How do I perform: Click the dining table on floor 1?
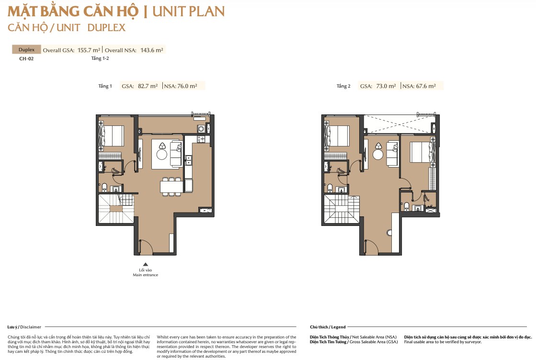[x=172, y=187]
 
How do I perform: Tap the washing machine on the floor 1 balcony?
[x=201, y=129]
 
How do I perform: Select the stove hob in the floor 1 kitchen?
[x=201, y=139]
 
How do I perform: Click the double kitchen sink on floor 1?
[x=188, y=160]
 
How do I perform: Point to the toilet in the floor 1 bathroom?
[x=104, y=188]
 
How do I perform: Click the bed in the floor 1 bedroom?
[x=112, y=136]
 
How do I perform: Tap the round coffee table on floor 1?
[x=162, y=154]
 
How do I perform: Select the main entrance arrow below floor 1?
[x=145, y=264]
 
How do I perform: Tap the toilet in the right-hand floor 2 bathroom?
[x=407, y=206]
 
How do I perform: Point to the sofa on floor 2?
[x=392, y=154]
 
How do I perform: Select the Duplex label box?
[x=26, y=49]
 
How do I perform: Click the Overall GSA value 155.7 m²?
[x=89, y=50]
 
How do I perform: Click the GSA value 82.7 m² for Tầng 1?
[x=148, y=86]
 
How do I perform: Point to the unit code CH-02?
[x=26, y=59]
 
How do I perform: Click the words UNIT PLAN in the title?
[x=189, y=11]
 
